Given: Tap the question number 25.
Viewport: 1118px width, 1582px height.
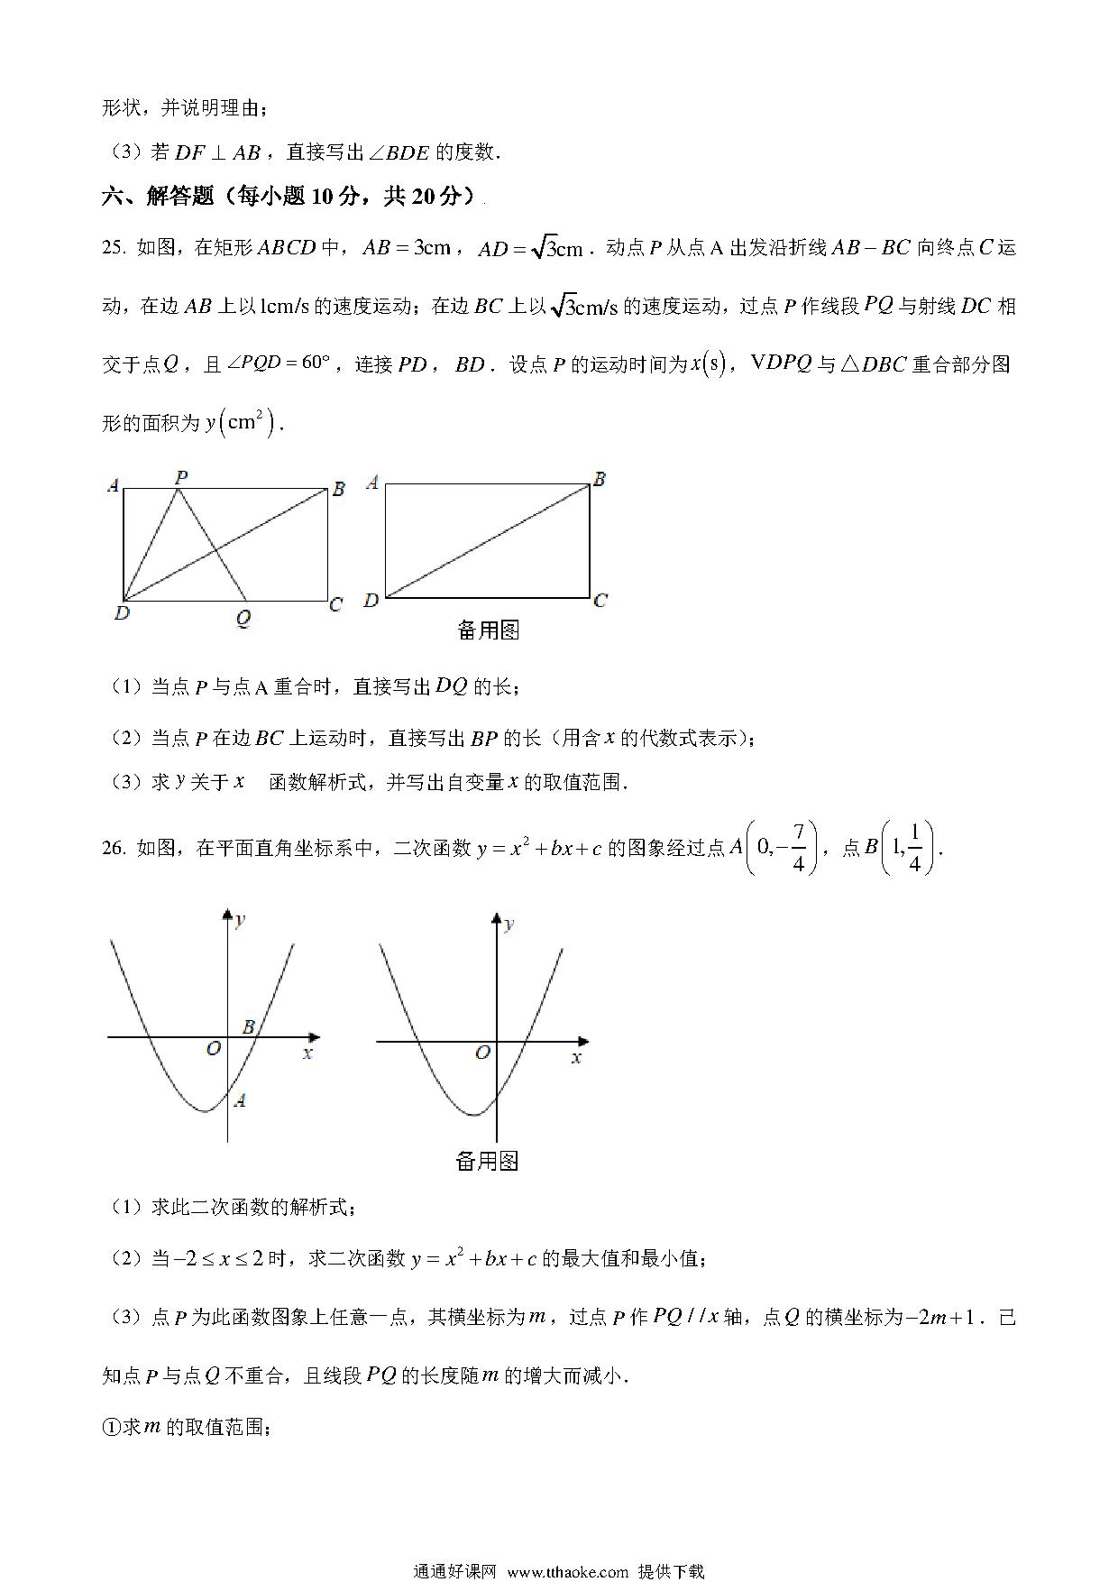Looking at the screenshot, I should pyautogui.click(x=114, y=248).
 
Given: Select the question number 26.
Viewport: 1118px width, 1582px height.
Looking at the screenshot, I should pyautogui.click(x=114, y=848).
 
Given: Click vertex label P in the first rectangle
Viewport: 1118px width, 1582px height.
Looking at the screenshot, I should pyautogui.click(x=181, y=476).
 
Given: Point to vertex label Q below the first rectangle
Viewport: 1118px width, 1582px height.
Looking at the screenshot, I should pyautogui.click(x=243, y=620).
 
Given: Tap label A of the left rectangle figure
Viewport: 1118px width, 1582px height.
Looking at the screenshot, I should pyautogui.click(x=113, y=486).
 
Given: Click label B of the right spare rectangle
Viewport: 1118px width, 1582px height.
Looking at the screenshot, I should pyautogui.click(x=599, y=479).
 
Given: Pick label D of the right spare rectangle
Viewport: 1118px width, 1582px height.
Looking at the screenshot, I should pyautogui.click(x=370, y=601).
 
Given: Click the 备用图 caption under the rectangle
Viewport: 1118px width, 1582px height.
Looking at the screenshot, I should pyautogui.click(x=488, y=630).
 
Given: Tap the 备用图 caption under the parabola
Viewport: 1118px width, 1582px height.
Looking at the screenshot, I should pyautogui.click(x=487, y=1161).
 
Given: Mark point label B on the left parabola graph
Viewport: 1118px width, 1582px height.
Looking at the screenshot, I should pyautogui.click(x=249, y=1026).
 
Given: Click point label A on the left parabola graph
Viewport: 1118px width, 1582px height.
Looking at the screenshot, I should pyautogui.click(x=240, y=1099).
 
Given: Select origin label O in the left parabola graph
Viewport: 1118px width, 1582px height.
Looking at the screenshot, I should pyautogui.click(x=214, y=1048).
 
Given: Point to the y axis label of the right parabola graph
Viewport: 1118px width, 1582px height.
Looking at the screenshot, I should pyautogui.click(x=509, y=923).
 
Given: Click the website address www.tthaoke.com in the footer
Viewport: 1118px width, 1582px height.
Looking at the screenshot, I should pyautogui.click(x=567, y=1571).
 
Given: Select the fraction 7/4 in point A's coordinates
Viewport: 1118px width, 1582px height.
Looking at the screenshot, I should pyautogui.click(x=798, y=848).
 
